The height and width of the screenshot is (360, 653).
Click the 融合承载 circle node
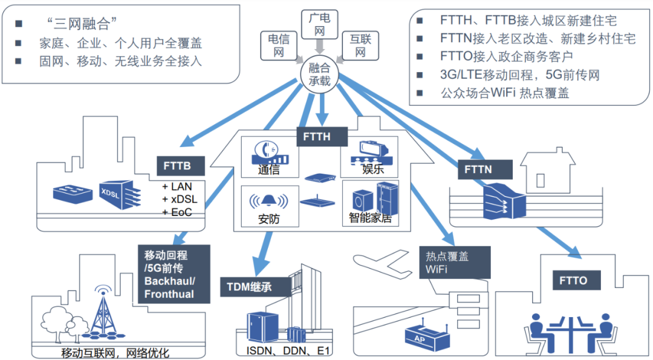click(x=319, y=74)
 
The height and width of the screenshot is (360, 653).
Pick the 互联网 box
click(x=360, y=46)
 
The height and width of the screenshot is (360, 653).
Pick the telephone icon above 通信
click(x=267, y=151)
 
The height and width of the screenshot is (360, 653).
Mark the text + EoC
click(x=176, y=212)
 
